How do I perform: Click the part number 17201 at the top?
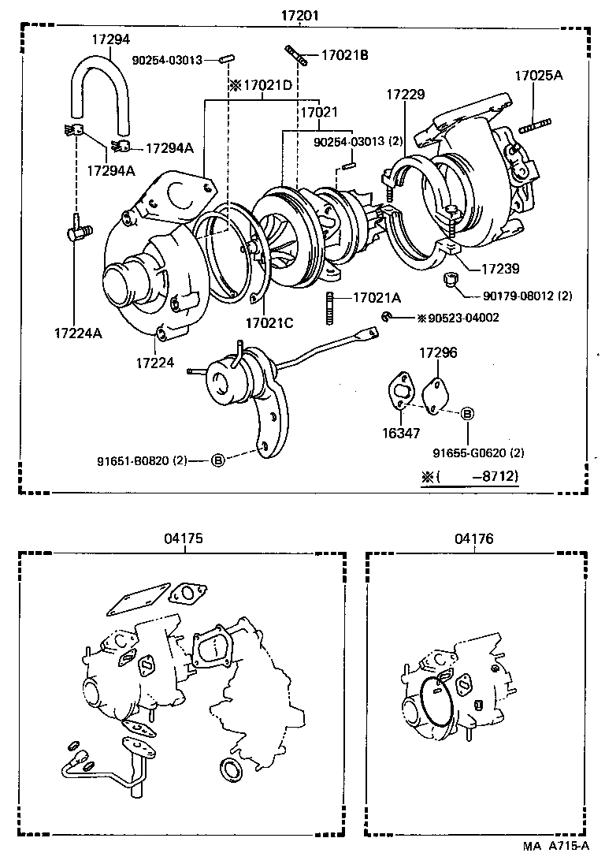(x=302, y=16)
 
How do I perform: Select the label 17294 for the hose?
(x=110, y=39)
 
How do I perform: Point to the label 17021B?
(x=344, y=54)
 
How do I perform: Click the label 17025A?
(x=539, y=76)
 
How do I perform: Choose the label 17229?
(x=405, y=95)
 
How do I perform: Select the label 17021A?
(x=377, y=297)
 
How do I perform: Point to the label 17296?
(x=437, y=353)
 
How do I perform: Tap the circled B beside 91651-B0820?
(x=218, y=460)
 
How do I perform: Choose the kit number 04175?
(x=184, y=539)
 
